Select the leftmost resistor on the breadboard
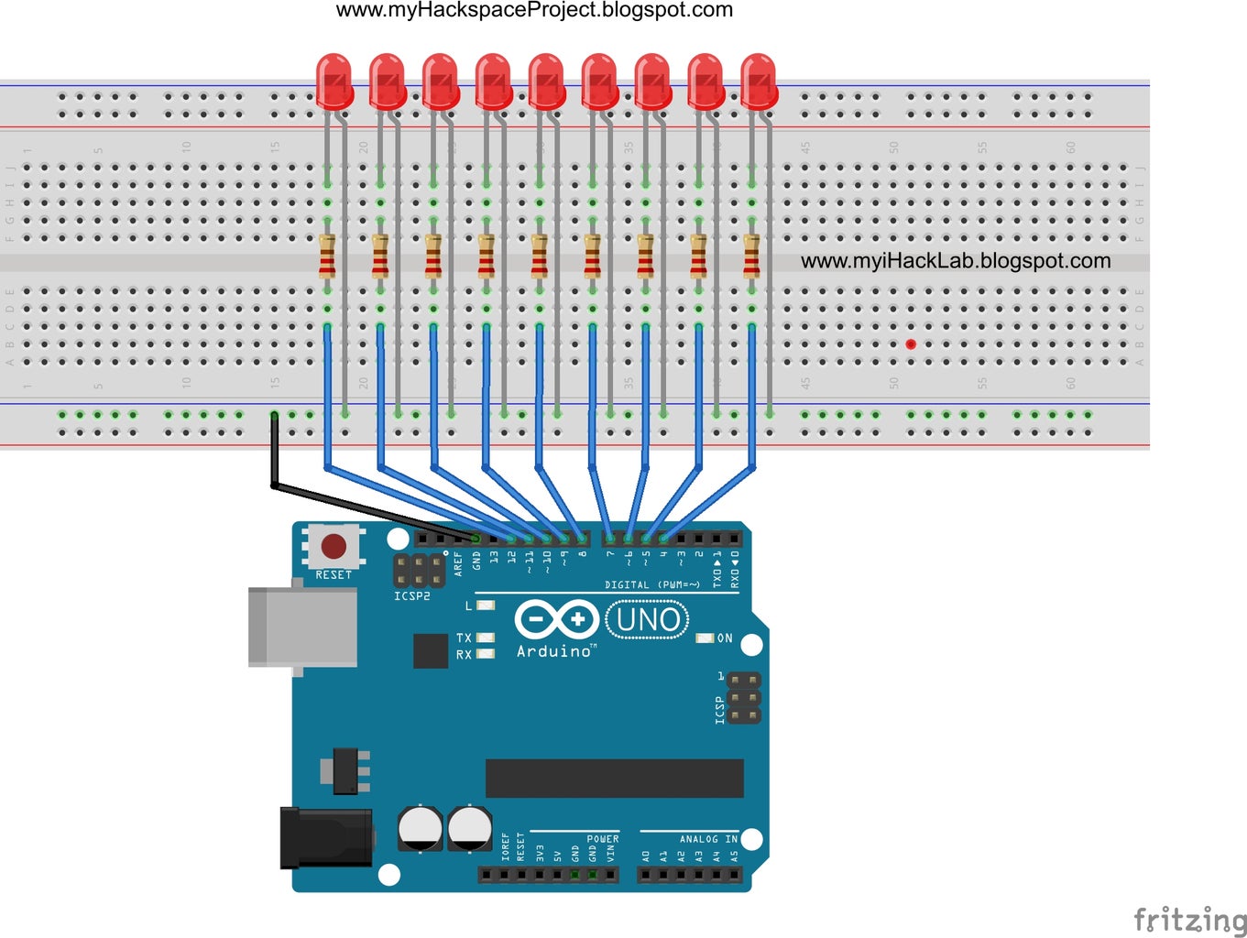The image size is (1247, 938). [327, 256]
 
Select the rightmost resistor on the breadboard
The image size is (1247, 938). [751, 256]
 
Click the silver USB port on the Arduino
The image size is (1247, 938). [303, 627]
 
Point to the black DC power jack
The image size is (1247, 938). [326, 836]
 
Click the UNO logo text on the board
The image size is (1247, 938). [648, 620]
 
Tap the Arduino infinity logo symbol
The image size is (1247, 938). [556, 620]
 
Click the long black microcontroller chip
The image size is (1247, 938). [614, 778]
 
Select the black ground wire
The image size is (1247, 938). [366, 505]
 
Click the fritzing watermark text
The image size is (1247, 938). [1189, 919]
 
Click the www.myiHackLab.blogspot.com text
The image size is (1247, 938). [956, 261]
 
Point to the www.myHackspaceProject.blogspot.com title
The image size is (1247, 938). [534, 10]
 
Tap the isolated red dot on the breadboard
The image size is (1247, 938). [911, 344]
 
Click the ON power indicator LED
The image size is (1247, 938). [706, 638]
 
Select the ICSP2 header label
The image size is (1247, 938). [411, 596]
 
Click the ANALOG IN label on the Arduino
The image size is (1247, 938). [708, 839]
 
